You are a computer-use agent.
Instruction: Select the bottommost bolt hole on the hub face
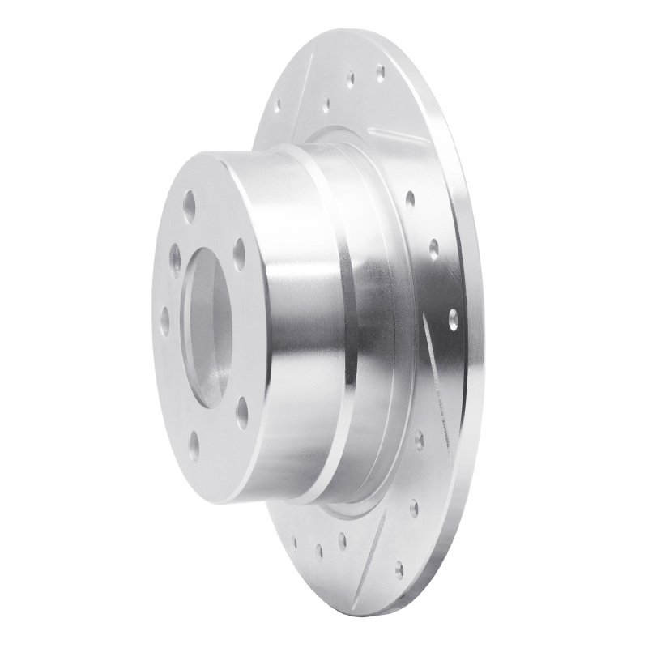pos(194,444)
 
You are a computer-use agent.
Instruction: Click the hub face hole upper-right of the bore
pos(239,254)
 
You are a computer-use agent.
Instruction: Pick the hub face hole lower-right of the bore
pos(241,412)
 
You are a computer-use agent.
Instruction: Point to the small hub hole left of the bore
pos(164,321)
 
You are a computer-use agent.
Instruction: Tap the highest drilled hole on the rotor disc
pos(380,73)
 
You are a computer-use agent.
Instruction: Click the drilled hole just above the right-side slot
pos(453,318)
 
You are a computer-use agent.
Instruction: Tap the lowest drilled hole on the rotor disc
pos(399,569)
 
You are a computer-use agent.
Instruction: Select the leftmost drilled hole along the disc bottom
pos(295,541)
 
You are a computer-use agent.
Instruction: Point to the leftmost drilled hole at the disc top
pos(277,106)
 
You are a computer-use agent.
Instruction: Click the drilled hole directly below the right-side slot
pos(419,440)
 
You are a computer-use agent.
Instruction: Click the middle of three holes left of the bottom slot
pos(318,551)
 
